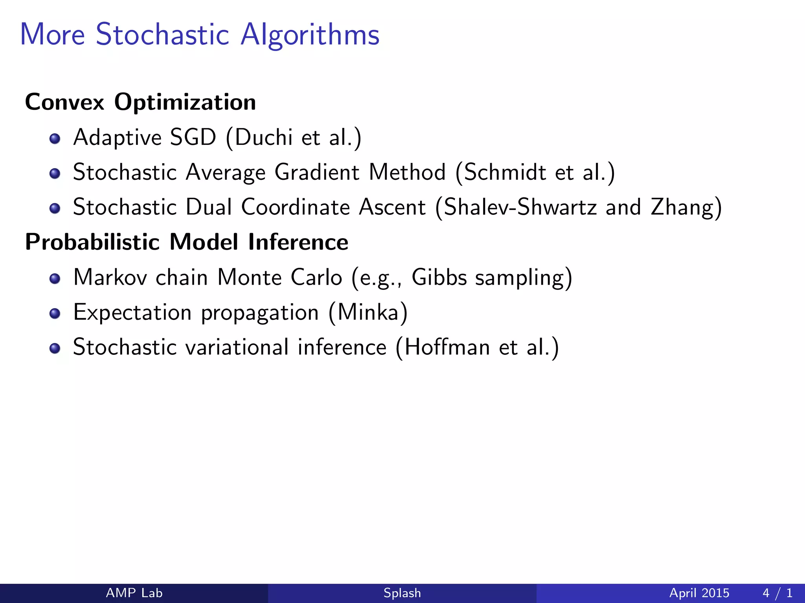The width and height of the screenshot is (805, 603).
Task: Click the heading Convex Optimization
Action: point(140,102)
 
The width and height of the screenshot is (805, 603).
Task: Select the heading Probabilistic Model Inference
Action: point(186,242)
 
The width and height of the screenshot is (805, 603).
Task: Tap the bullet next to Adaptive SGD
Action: point(55,139)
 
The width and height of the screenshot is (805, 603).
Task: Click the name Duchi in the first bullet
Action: point(264,137)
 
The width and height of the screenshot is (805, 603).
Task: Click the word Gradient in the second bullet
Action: point(317,172)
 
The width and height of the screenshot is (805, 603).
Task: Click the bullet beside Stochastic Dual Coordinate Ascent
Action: point(55,208)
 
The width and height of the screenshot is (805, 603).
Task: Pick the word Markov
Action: point(110,277)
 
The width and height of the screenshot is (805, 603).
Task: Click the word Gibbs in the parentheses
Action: point(439,277)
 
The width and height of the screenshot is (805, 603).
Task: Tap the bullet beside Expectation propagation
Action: point(55,314)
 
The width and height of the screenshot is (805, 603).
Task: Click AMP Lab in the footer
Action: point(134,593)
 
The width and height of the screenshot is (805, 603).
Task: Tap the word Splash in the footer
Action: point(402,593)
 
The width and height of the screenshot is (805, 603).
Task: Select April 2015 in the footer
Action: point(699,593)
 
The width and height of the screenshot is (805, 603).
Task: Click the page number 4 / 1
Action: point(777,593)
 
